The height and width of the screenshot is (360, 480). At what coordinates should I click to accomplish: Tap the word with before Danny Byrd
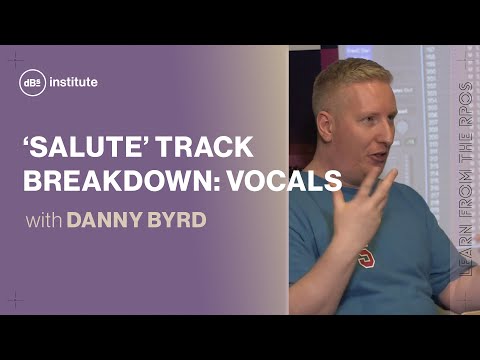click(x=43, y=220)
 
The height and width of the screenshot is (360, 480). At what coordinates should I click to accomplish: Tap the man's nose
click(x=386, y=131)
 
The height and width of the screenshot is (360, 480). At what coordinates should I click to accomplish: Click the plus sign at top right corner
click(x=463, y=61)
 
